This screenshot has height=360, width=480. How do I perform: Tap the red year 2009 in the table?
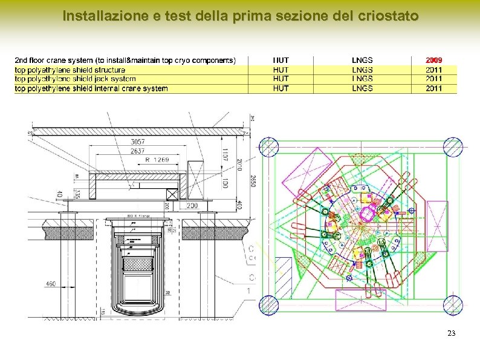(433, 60)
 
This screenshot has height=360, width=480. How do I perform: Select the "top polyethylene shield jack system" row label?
(75, 79)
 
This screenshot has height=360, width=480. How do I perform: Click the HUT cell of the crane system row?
(281, 60)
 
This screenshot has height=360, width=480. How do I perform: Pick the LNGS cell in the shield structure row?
(362, 70)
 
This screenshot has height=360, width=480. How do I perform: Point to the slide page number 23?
(451, 333)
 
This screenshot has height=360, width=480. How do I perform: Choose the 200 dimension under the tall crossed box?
(192, 206)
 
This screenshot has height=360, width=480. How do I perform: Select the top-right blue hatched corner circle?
(453, 147)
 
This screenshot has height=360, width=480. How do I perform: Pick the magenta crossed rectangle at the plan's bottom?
(360, 300)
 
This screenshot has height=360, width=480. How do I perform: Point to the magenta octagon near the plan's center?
(368, 214)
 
